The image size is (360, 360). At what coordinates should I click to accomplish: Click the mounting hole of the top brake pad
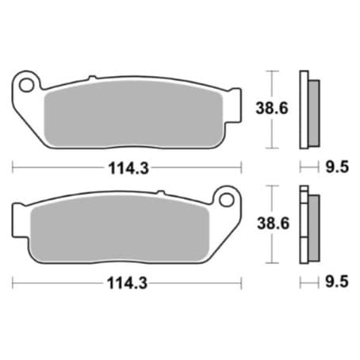27,85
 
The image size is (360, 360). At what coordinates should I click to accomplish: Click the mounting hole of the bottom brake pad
227,200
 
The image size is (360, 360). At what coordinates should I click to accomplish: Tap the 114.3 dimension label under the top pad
128,168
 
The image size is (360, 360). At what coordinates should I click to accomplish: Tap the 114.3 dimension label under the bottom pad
127,284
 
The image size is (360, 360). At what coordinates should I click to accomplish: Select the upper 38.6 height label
272,109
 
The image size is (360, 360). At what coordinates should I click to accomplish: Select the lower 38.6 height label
274,224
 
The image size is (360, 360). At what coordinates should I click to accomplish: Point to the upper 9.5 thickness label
337,167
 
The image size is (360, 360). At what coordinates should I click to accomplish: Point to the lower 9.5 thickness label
337,281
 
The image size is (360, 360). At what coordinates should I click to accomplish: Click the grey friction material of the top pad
133,114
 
